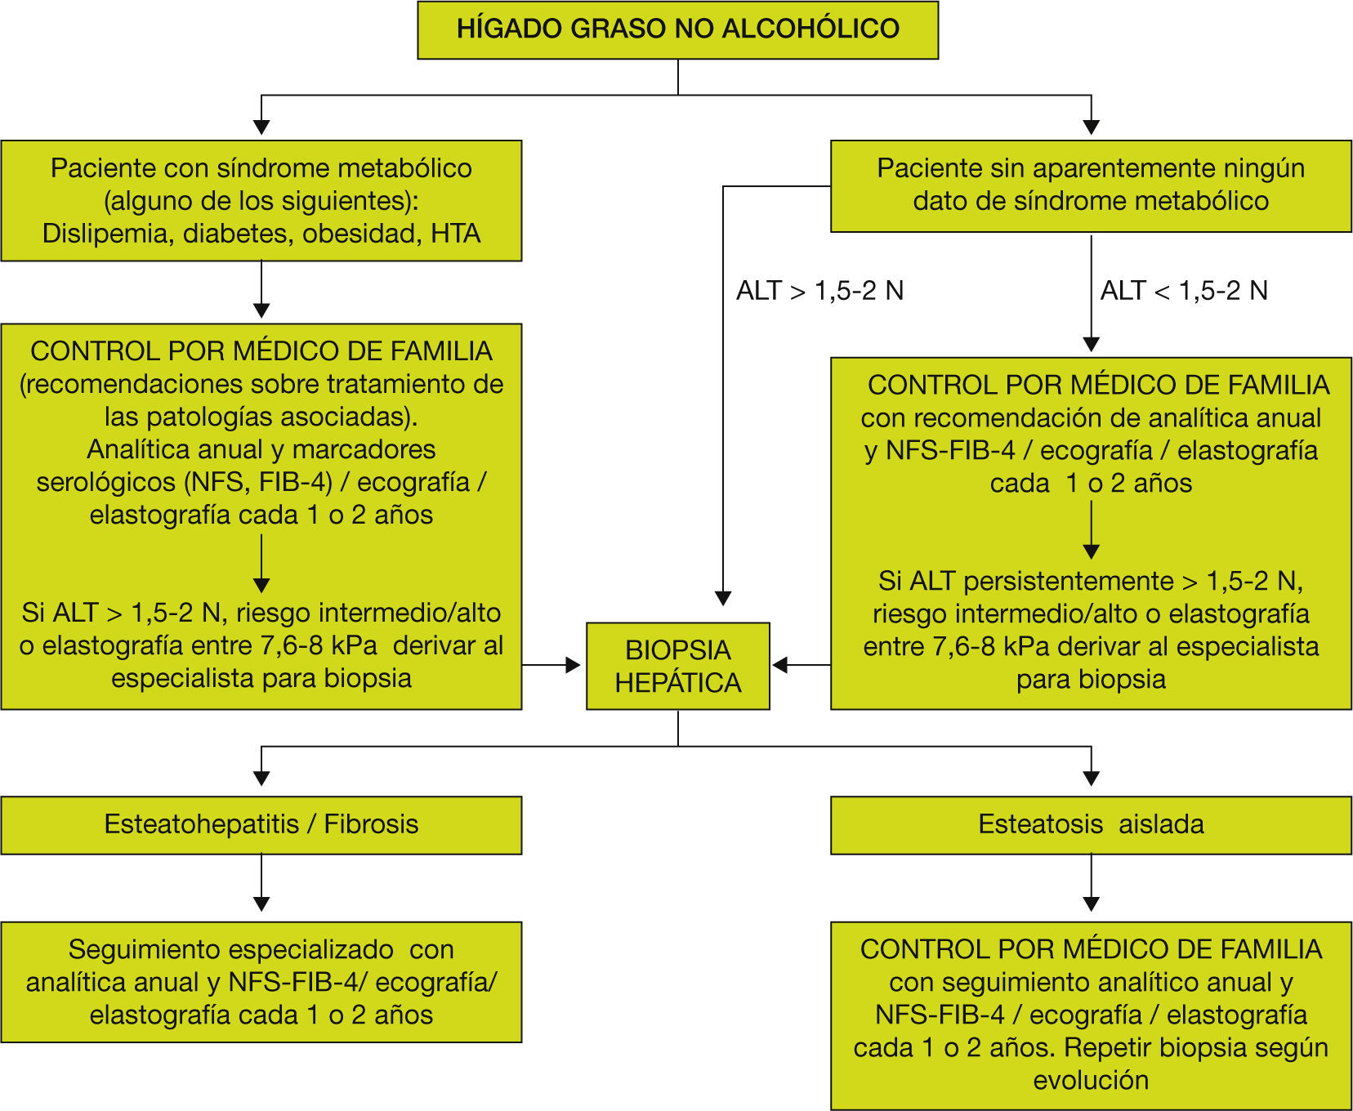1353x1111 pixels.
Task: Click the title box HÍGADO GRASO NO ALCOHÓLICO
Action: pyautogui.click(x=677, y=29)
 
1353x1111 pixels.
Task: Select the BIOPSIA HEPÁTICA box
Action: pyautogui.click(x=677, y=666)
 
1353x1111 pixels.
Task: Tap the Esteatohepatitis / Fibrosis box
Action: pyautogui.click(x=261, y=824)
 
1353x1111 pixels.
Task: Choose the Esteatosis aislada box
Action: pyautogui.click(x=1091, y=824)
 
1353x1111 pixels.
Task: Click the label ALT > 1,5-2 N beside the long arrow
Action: pyautogui.click(x=819, y=291)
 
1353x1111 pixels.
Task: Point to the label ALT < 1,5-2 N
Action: pyautogui.click(x=1184, y=291)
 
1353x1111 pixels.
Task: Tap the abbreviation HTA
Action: pyautogui.click(x=455, y=234)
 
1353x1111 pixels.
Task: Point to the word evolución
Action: pyautogui.click(x=1091, y=1080)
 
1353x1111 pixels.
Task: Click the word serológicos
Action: pyautogui.click(x=106, y=482)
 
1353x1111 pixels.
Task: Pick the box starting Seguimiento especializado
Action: pyautogui.click(x=261, y=982)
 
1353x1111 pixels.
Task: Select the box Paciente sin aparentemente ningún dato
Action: pyautogui.click(x=1091, y=185)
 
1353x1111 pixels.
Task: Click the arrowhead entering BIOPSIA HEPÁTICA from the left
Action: pyautogui.click(x=574, y=665)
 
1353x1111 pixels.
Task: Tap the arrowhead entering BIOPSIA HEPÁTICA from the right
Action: pyautogui.click(x=780, y=665)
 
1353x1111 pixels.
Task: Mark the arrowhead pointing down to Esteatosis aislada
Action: pyautogui.click(x=1091, y=779)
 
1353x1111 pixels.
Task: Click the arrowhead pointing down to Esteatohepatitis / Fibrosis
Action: pyautogui.click(x=261, y=779)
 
